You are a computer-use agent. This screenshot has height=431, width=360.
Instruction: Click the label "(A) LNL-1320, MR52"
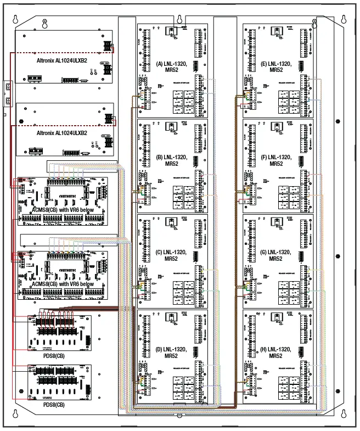tap(171, 66)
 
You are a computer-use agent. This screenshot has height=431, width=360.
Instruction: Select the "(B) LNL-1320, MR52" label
tap(171, 160)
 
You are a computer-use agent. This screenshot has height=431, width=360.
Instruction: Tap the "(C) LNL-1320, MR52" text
tap(171, 255)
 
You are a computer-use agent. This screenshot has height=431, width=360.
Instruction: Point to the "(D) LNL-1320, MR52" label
tap(171, 352)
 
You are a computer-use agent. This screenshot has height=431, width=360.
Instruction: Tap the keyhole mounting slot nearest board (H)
tap(344, 413)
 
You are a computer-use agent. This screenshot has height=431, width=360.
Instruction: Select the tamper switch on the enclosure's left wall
tap(7, 93)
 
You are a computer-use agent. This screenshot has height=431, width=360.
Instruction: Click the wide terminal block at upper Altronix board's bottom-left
tap(36, 79)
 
